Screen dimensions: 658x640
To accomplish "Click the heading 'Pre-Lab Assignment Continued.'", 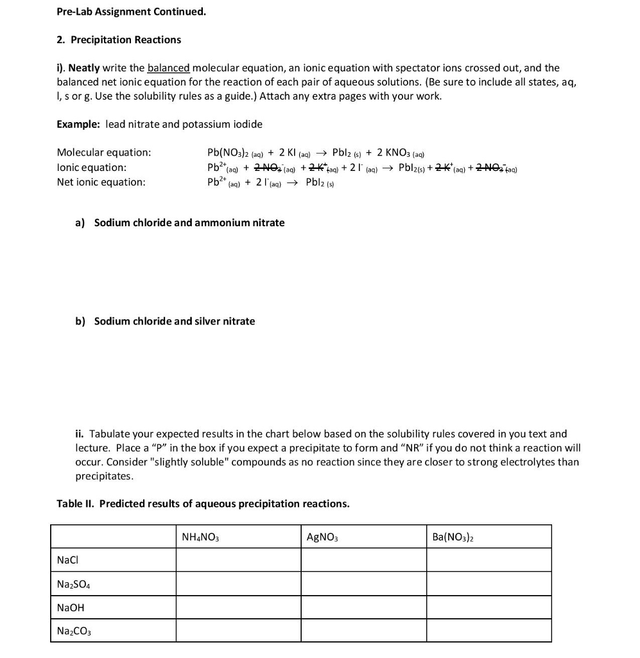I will pyautogui.click(x=131, y=12).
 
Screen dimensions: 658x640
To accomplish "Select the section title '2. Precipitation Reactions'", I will pyautogui.click(x=119, y=40).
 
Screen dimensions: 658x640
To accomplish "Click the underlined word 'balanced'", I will pyautogui.click(x=168, y=68).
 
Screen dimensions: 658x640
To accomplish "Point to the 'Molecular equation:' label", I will pyautogui.click(x=104, y=152).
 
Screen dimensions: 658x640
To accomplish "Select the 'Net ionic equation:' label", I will pyautogui.click(x=101, y=182).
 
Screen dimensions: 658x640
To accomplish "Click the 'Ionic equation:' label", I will pyautogui.click(x=91, y=167).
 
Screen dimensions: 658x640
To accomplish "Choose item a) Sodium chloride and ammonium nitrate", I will pyautogui.click(x=180, y=223).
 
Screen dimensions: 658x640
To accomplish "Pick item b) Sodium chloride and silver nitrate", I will pyautogui.click(x=165, y=321).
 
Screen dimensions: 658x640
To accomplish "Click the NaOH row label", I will pyautogui.click(x=71, y=607).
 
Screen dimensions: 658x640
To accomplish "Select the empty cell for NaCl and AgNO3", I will pyautogui.click(x=364, y=560).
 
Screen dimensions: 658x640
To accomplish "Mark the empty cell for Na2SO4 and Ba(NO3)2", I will pyautogui.click(x=489, y=583).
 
